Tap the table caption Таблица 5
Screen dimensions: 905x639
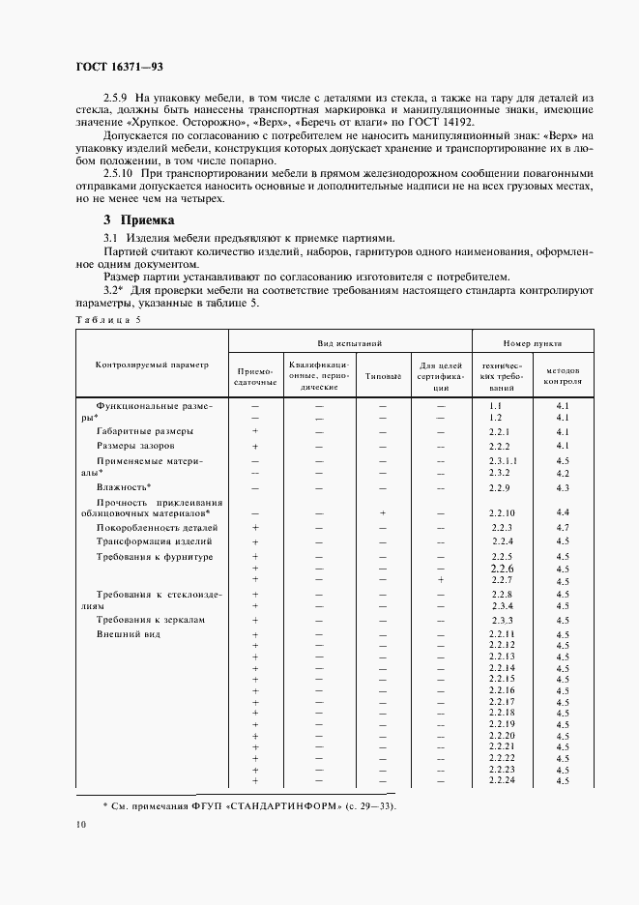[107, 319]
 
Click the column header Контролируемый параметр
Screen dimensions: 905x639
[151, 365]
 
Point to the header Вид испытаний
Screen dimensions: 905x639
[350, 343]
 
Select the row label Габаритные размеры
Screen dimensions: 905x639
[144, 431]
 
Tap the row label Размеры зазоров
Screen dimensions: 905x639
[135, 447]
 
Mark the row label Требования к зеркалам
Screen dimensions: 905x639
[152, 619]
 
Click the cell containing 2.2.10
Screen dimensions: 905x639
[502, 512]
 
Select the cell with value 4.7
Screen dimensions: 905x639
[563, 528]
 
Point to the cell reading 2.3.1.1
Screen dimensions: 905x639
[503, 462]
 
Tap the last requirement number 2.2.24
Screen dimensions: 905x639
[502, 780]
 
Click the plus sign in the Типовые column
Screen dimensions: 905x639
[383, 512]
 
